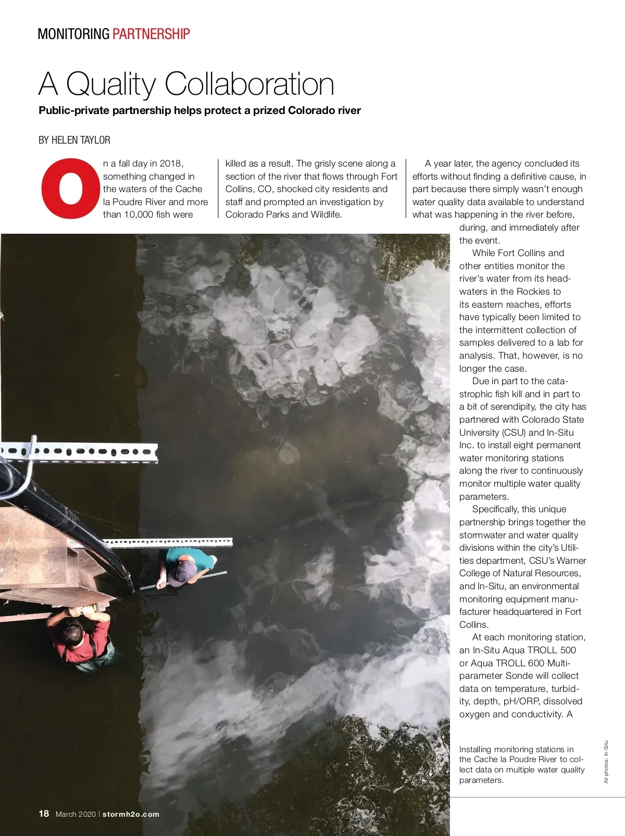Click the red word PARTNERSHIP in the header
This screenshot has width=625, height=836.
[x=151, y=34]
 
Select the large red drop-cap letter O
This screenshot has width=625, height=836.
[x=70, y=188]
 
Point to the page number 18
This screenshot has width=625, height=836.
[x=44, y=814]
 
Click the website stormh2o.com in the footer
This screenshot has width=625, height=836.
[x=131, y=814]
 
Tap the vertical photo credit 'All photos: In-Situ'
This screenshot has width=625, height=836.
[x=606, y=762]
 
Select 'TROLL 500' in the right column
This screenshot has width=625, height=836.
[x=552, y=650]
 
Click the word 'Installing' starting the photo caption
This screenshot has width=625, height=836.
[x=475, y=750]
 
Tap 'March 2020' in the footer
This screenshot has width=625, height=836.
[x=76, y=814]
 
